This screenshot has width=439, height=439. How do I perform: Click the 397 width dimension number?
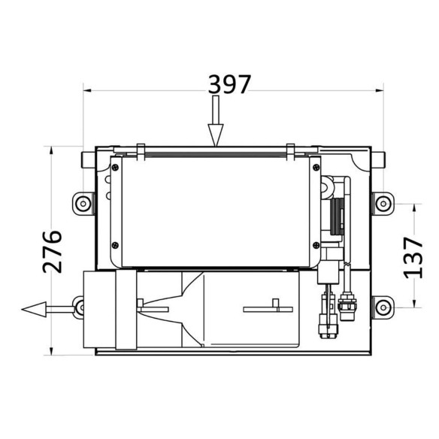229,84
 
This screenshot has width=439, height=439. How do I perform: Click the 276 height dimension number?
52,251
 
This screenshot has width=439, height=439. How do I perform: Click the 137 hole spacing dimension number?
413,258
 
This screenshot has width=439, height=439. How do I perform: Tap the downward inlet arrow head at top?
216,135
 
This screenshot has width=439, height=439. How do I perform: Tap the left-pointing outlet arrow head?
34,310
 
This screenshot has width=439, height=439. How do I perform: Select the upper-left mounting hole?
83,204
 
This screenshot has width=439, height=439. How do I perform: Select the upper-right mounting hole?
383,204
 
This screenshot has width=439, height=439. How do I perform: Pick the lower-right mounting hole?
383,307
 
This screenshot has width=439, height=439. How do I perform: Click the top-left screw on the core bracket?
115,168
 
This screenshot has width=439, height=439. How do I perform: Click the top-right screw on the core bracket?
316,168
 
